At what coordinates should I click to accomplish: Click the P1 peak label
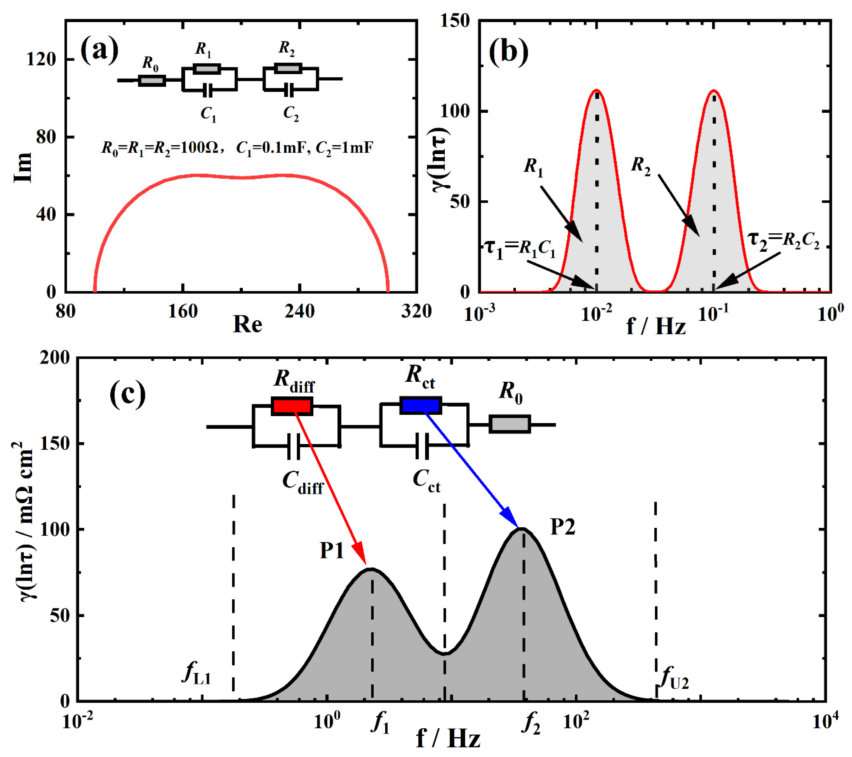[x=332, y=551]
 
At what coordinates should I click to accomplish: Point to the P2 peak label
[x=563, y=527]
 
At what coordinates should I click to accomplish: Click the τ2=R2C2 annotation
[x=783, y=241]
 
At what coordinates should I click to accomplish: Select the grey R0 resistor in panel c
[x=509, y=424]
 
